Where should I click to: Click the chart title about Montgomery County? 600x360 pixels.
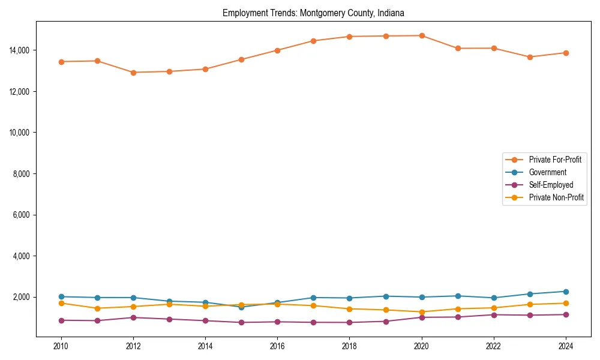coord(313,13)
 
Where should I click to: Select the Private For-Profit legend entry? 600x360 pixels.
coord(555,160)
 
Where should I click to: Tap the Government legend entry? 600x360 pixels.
coord(547,172)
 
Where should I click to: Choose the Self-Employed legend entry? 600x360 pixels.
coord(551,185)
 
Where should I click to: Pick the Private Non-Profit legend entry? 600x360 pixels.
coord(556,197)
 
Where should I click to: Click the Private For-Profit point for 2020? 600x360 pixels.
coord(422,35)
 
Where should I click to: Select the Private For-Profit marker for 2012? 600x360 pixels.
coord(133,73)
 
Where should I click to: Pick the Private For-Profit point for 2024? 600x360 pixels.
coord(566,53)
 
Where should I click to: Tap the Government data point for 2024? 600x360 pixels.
coord(566,292)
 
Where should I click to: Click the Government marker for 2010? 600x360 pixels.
coord(61,296)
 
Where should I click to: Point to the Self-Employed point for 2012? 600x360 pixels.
coord(133,317)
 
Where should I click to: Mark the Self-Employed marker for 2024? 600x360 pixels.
coord(566,314)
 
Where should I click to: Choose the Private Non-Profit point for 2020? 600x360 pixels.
coord(422,312)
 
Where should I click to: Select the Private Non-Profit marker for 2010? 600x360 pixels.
coord(61,303)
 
